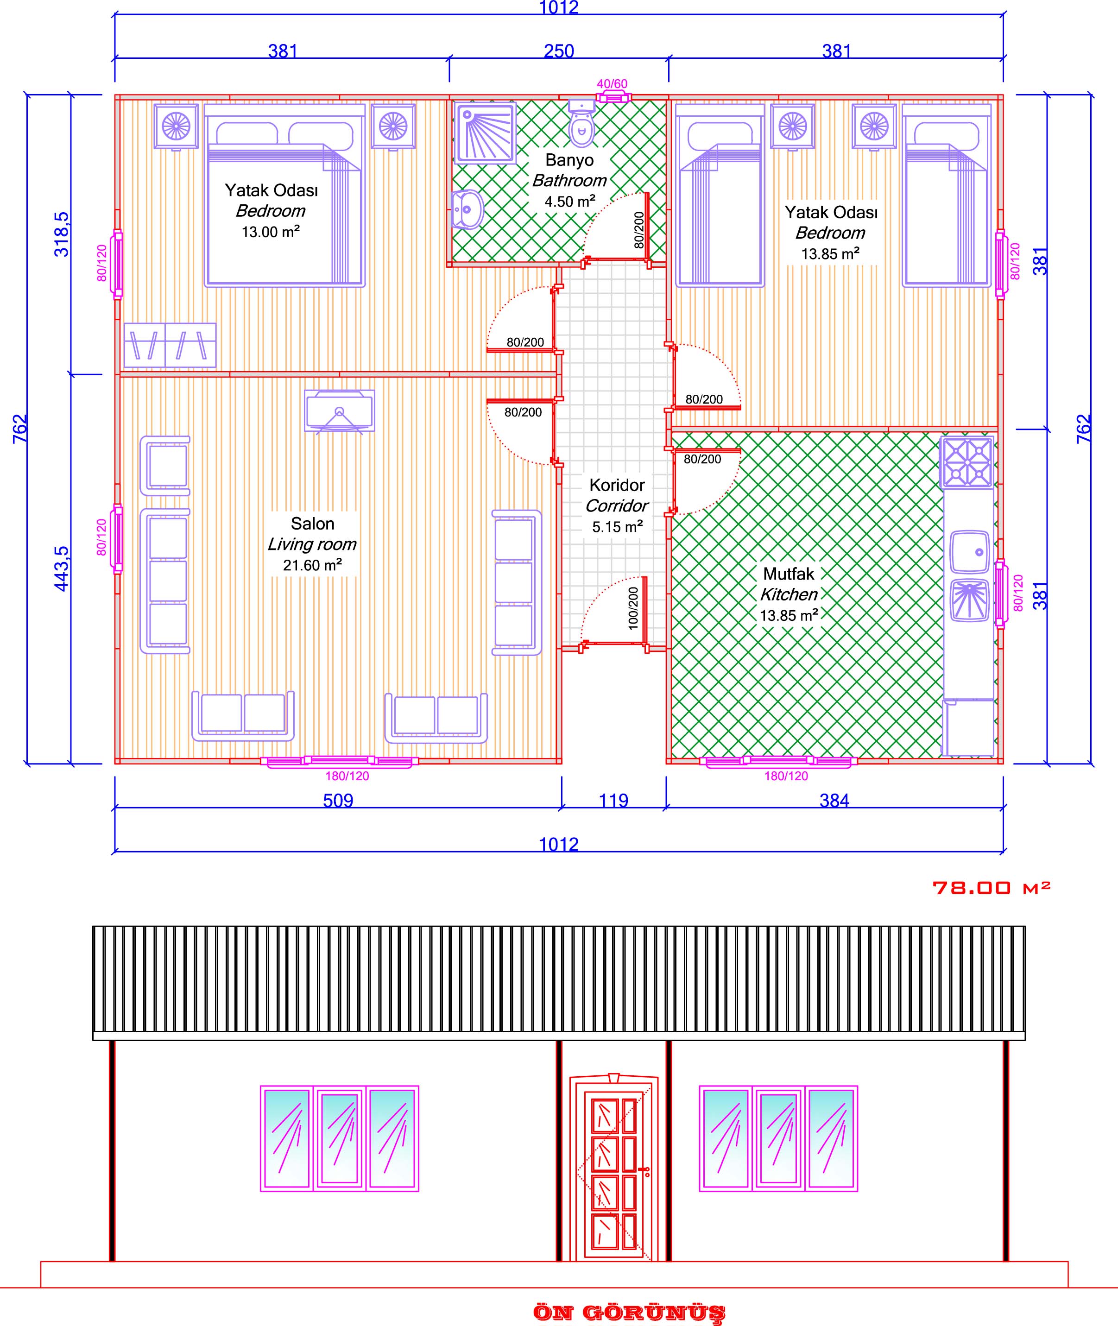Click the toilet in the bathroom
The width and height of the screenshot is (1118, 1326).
click(x=581, y=125)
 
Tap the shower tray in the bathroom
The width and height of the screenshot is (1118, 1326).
click(x=485, y=132)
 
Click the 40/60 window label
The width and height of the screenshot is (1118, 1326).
click(x=612, y=84)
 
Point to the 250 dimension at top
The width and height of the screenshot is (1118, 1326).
click(x=558, y=51)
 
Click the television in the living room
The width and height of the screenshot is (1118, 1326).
click(x=340, y=411)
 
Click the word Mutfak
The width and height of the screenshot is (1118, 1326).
click(x=789, y=574)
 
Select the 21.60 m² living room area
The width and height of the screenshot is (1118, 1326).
click(x=312, y=565)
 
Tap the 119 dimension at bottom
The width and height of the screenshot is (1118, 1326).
click(x=613, y=801)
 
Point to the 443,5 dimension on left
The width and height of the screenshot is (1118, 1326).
click(x=62, y=568)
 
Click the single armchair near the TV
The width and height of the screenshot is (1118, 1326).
click(x=165, y=465)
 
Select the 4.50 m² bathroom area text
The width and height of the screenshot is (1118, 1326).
click(x=569, y=202)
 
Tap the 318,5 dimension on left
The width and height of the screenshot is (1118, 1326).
click(x=62, y=234)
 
